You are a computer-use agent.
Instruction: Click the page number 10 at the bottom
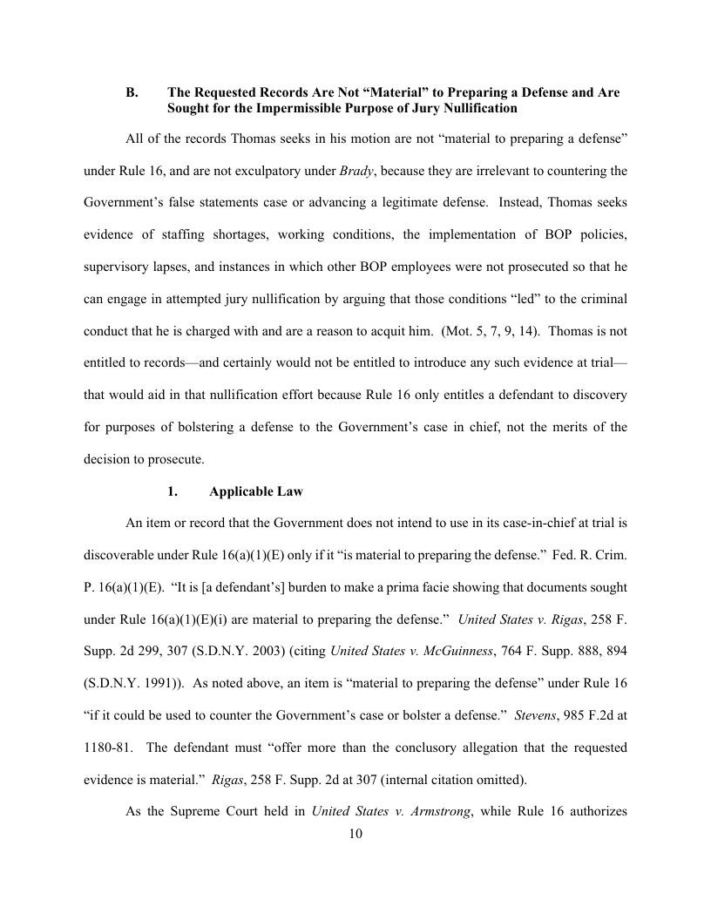[355, 834]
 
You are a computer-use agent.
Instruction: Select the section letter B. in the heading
[132, 91]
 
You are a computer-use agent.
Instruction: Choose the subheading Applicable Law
[256, 491]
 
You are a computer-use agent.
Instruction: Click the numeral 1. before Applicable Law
[173, 491]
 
